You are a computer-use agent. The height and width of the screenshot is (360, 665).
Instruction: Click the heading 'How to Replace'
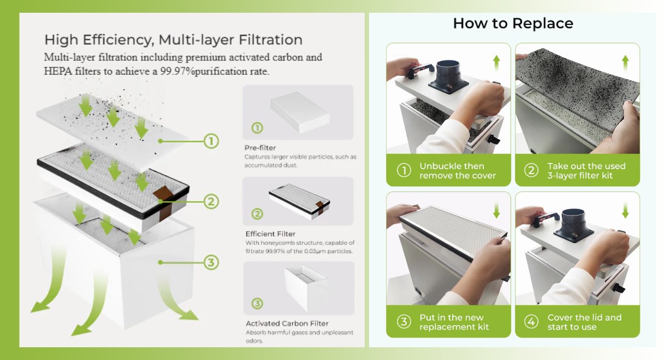[513, 23]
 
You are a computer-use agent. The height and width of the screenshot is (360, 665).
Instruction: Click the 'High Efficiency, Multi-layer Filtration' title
[173, 40]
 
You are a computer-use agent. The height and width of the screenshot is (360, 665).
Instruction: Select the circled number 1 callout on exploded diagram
[211, 141]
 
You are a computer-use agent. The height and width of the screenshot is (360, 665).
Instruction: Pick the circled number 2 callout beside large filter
[211, 202]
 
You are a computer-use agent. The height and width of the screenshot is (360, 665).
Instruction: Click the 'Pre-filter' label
[260, 148]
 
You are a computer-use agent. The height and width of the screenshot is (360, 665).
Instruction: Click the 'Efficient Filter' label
[270, 234]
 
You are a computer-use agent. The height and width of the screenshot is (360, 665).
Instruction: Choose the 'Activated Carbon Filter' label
[287, 323]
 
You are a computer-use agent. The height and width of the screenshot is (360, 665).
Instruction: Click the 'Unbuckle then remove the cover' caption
[457, 171]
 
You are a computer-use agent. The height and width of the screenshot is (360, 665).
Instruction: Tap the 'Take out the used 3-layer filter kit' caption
[586, 171]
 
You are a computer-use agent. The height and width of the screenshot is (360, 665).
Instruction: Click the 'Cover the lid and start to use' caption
[584, 322]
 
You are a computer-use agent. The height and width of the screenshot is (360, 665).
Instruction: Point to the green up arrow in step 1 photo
[497, 61]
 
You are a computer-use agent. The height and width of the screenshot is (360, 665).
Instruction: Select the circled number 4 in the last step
[531, 322]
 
